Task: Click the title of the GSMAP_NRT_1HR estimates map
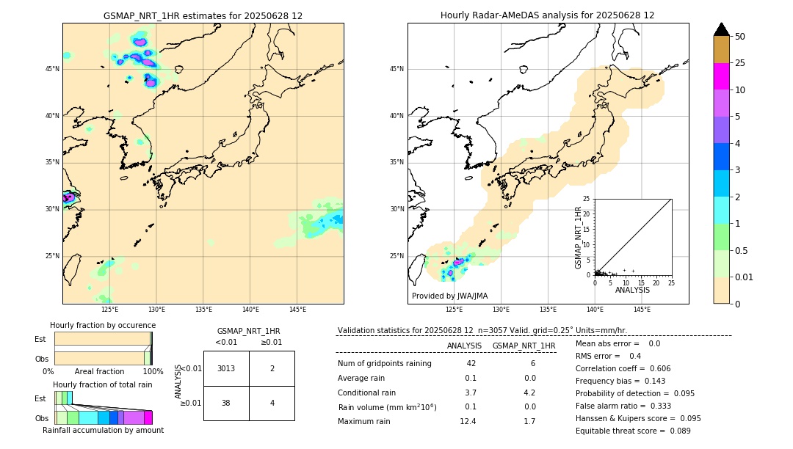[x=203, y=15]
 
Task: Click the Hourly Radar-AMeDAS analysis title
[x=547, y=15]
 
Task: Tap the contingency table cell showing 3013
[x=226, y=368]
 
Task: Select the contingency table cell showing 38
[x=226, y=403]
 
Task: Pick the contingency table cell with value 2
[x=272, y=368]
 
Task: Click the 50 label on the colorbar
[x=740, y=36]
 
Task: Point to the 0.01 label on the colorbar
[x=744, y=277]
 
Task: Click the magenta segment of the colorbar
[x=721, y=76]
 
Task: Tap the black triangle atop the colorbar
[x=721, y=29]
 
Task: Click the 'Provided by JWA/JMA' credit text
[x=449, y=296]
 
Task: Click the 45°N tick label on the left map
[x=52, y=69]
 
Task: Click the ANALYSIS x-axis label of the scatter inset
[x=632, y=291]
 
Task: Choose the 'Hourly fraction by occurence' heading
[x=103, y=325]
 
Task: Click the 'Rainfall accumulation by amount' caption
[x=103, y=430]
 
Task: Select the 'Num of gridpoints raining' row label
[x=385, y=364]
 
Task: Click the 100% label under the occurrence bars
[x=153, y=372]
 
